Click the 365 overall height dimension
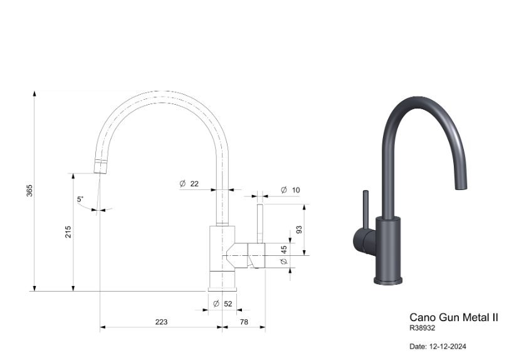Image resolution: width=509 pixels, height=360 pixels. [x=29, y=191]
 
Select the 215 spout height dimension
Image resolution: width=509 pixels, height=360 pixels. [x=68, y=232]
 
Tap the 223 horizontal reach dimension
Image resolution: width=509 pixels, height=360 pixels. [x=161, y=322]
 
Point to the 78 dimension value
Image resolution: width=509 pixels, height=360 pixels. [x=244, y=322]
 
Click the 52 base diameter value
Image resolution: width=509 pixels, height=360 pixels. [x=228, y=304]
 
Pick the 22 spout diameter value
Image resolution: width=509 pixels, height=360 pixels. [x=194, y=184]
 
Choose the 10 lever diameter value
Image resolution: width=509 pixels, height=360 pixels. [x=296, y=190]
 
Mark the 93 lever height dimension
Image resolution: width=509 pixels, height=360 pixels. [x=299, y=230]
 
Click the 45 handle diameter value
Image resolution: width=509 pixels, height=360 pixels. [x=284, y=250]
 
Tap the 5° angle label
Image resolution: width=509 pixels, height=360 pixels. [x=80, y=199]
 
